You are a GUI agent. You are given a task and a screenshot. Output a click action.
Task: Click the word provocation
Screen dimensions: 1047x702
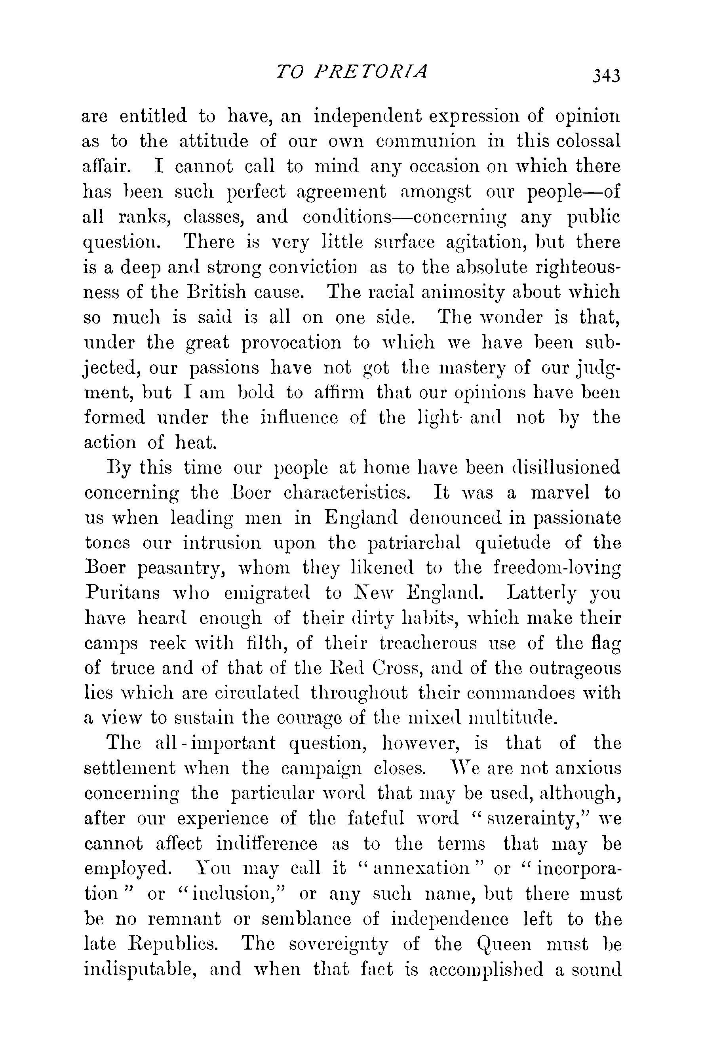pyautogui.click(x=291, y=343)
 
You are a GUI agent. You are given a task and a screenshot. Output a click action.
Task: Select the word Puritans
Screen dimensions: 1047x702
pyautogui.click(x=122, y=594)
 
